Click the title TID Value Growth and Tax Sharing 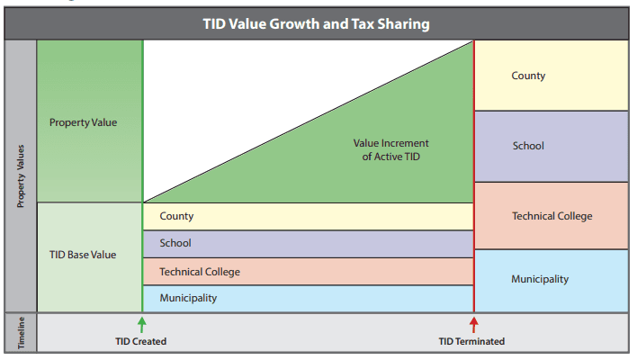tap(317, 24)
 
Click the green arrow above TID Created tap(142, 324)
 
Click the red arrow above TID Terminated tap(474, 324)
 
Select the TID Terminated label tap(471, 342)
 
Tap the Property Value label tap(83, 122)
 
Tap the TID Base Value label tap(83, 255)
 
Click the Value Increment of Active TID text tap(390, 149)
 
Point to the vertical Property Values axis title tap(21, 176)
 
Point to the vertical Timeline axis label tap(21, 333)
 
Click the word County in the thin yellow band tap(176, 216)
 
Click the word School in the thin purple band tap(175, 243)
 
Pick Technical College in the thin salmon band tap(200, 271)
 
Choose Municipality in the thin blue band tap(188, 298)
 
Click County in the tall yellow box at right tap(528, 76)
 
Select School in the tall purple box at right tap(528, 146)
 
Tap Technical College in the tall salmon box tap(552, 216)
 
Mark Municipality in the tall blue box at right tap(540, 279)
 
